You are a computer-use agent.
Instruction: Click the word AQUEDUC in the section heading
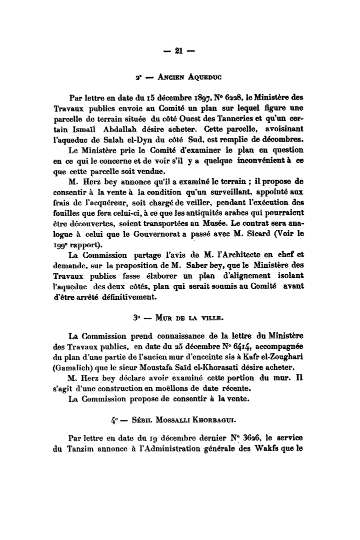(204, 78)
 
